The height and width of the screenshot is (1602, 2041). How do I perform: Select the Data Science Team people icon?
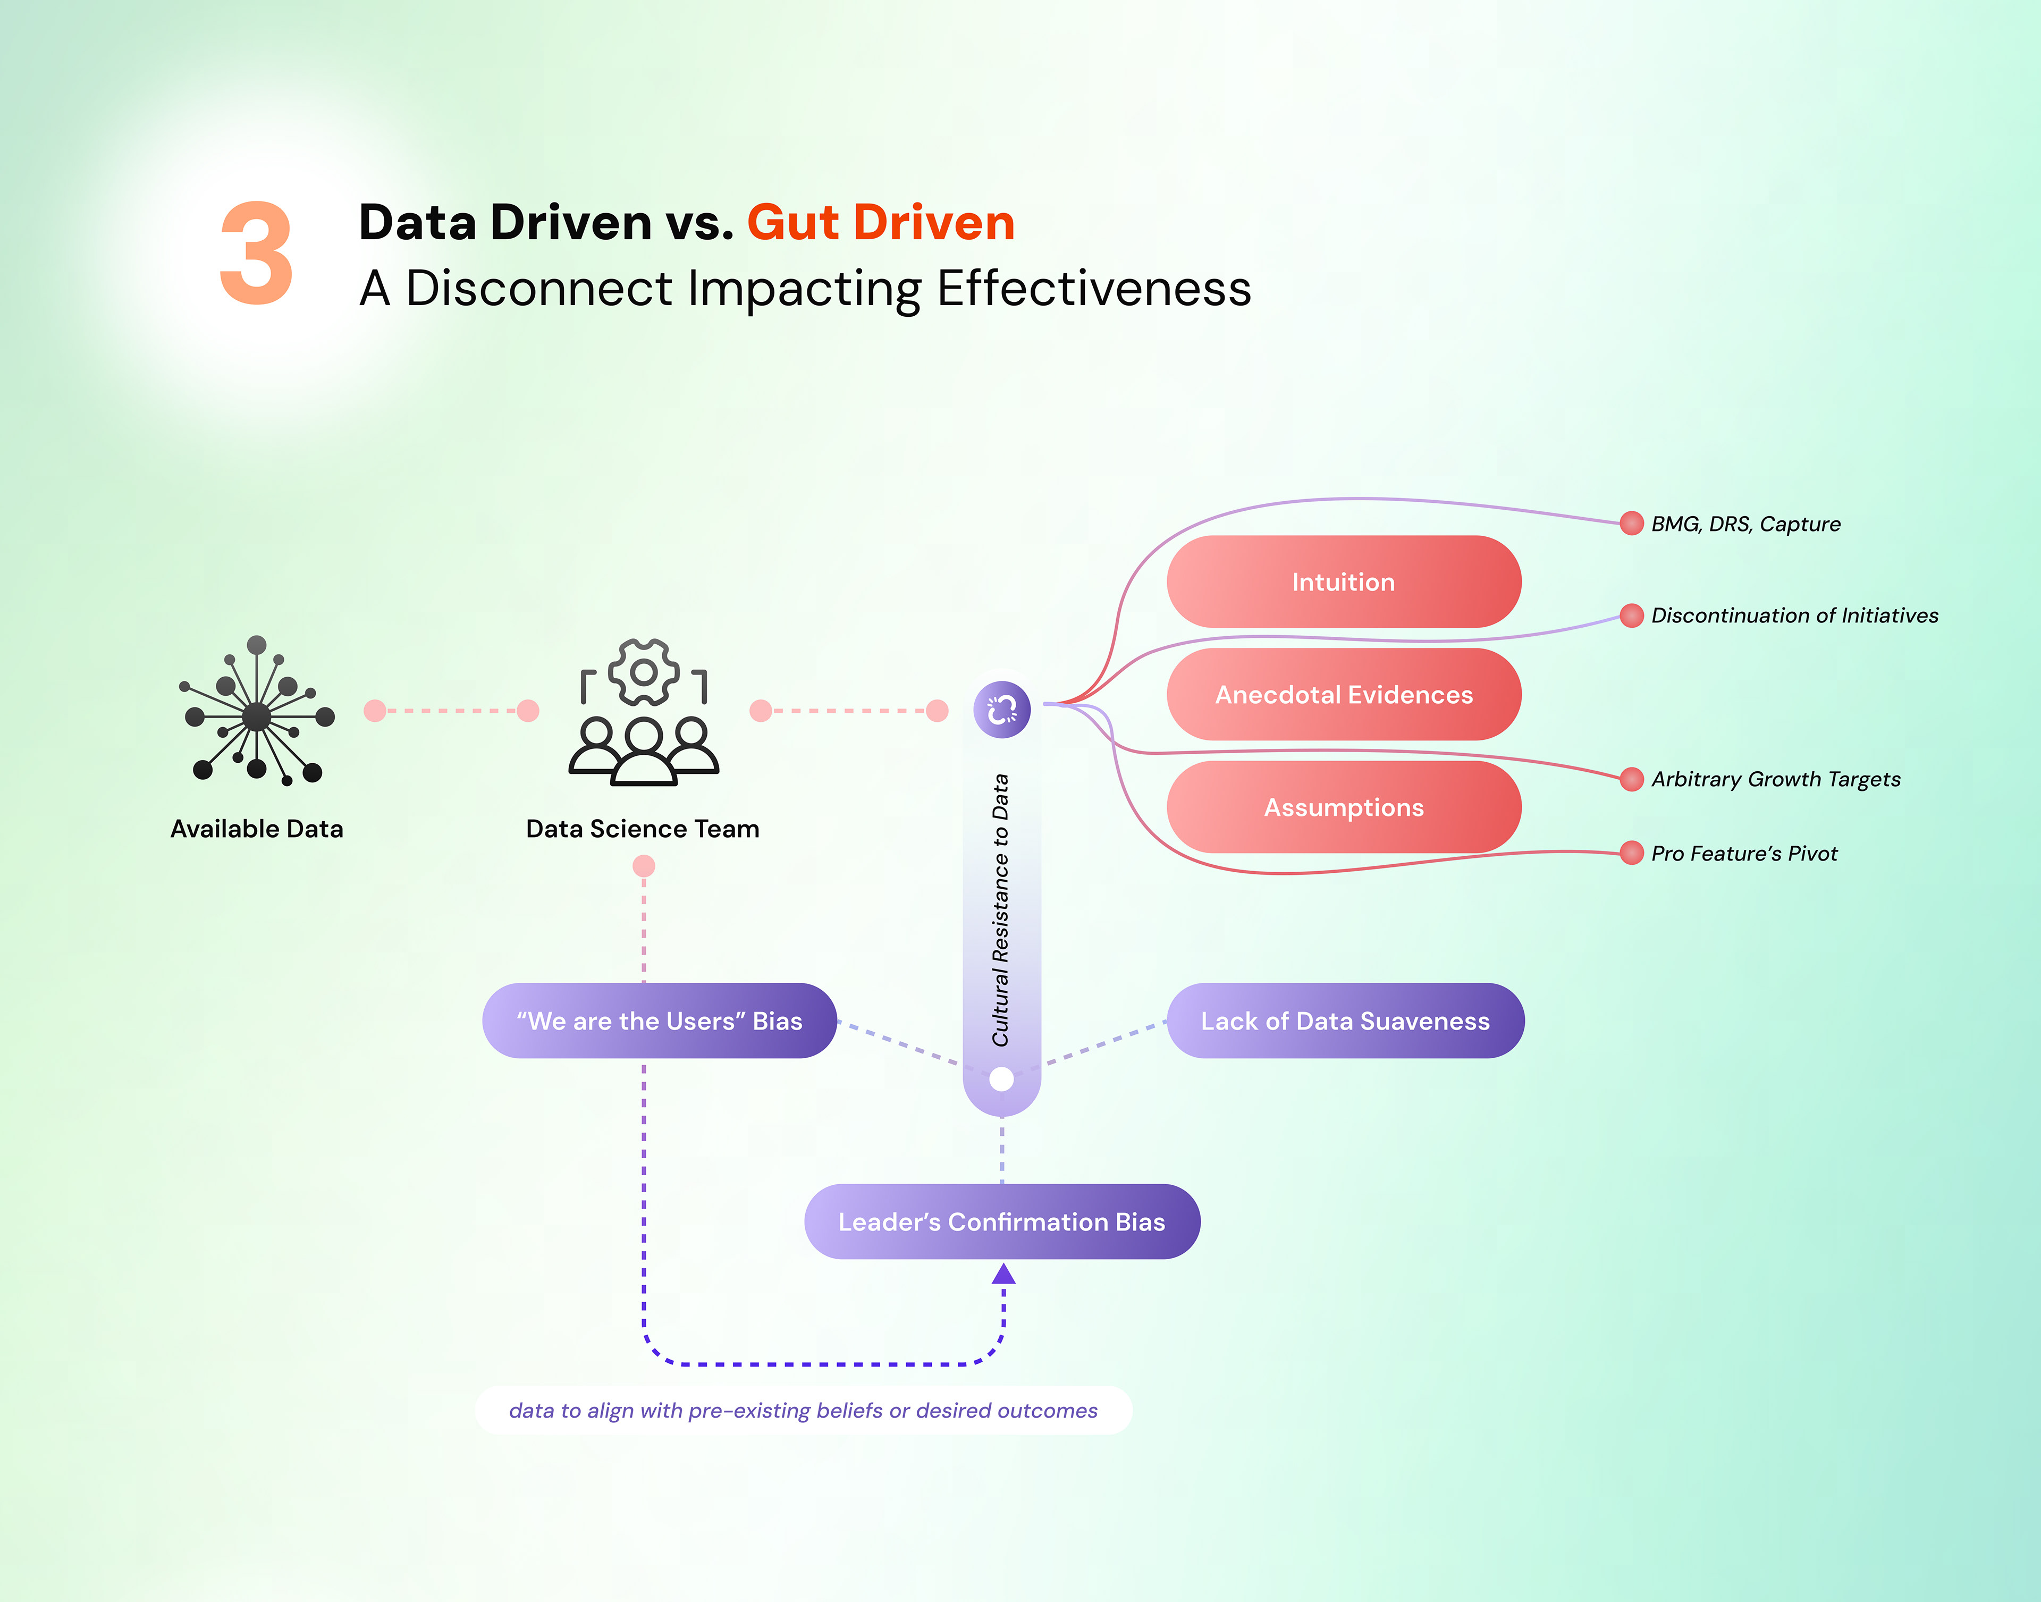[x=644, y=713]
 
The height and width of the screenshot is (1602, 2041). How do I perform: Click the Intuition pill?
[x=1343, y=581]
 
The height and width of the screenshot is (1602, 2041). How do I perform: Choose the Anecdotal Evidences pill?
[x=1343, y=694]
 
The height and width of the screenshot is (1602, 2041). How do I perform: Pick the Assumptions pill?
[x=1343, y=807]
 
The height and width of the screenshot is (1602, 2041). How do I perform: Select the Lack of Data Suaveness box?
[x=1345, y=1021]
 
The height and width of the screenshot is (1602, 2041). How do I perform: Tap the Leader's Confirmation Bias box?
[x=1002, y=1221]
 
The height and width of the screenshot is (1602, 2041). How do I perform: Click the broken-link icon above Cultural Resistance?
[x=1002, y=709]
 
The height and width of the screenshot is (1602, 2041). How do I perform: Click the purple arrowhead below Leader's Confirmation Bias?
[x=1003, y=1274]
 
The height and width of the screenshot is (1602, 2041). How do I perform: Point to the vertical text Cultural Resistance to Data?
[x=1001, y=910]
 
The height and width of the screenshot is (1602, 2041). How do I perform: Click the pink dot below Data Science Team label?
[x=644, y=866]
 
